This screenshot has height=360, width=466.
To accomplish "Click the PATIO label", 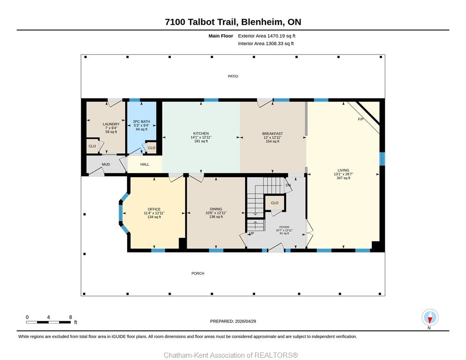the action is click(233, 76).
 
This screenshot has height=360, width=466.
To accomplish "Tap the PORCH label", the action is click(198, 273).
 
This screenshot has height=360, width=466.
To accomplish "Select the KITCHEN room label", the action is click(201, 134).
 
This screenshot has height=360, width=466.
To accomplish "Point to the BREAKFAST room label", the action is click(272, 134).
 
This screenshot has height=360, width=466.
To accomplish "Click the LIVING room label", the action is click(343, 170).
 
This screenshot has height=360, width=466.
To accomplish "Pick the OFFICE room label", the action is click(154, 209).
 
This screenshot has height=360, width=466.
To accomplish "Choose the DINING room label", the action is click(216, 209).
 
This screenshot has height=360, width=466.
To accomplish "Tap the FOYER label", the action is click(284, 227).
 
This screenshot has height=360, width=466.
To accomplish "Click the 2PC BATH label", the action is click(142, 121).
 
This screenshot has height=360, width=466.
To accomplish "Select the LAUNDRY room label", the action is click(111, 124).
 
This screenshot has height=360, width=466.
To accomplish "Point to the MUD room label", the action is click(106, 165).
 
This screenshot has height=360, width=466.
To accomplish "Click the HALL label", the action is click(145, 165).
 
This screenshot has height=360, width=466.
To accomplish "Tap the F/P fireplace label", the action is click(361, 120).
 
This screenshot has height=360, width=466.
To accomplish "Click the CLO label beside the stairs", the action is click(275, 203).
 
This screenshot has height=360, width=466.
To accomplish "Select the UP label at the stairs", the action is click(251, 233).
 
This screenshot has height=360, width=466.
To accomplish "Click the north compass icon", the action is click(430, 317).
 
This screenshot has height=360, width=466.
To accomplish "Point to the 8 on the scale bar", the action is click(70, 317).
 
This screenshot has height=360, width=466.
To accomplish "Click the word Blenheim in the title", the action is click(262, 22).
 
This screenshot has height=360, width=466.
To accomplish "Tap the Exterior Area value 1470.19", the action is click(275, 36).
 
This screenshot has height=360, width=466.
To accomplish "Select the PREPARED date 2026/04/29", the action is click(246, 322).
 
